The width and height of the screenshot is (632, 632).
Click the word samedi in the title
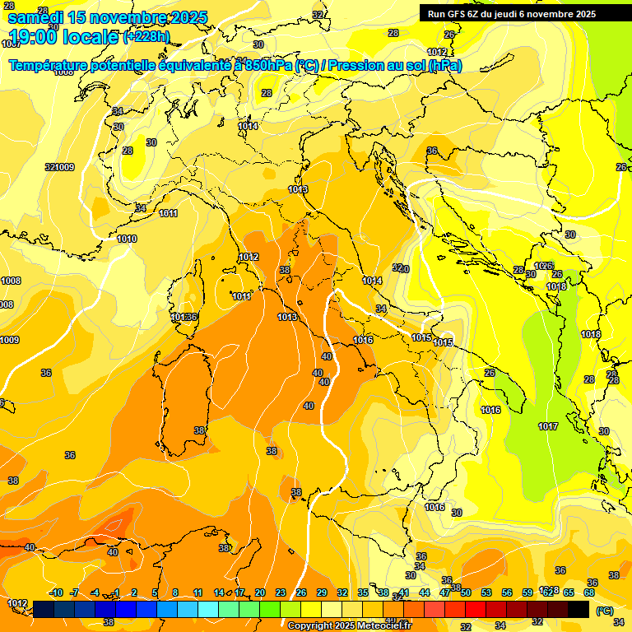(36, 17)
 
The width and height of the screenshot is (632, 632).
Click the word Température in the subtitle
(49, 65)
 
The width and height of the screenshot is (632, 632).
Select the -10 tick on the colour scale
(56, 592)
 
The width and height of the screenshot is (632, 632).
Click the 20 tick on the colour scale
(260, 592)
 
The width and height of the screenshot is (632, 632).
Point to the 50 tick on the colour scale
(466, 592)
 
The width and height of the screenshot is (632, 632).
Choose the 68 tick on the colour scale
(589, 592)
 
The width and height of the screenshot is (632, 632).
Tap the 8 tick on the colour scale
(175, 592)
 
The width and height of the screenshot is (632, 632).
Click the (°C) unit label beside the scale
(605, 611)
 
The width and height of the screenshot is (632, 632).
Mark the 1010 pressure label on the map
(127, 239)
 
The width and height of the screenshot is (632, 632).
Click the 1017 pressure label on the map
(548, 426)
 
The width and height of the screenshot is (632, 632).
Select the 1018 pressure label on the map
(556, 286)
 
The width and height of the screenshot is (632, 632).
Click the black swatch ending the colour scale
(579, 609)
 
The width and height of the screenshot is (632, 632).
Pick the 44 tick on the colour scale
(425, 592)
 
